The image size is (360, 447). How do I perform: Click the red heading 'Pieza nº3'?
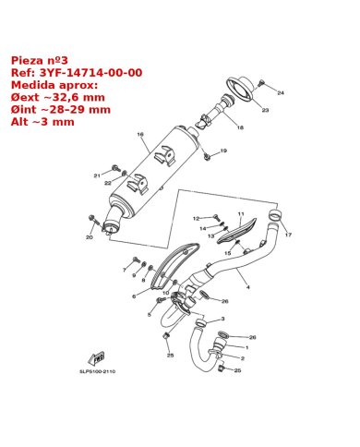(36, 59)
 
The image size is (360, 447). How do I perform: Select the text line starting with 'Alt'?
(33, 121)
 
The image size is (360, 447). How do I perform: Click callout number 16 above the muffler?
(141, 135)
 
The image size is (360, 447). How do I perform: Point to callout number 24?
(281, 93)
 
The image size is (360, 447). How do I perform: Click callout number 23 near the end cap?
(265, 111)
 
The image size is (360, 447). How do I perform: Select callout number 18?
(240, 127)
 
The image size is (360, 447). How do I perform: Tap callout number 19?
(222, 151)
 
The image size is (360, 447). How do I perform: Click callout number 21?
(96, 175)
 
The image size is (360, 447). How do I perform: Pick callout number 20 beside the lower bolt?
(90, 237)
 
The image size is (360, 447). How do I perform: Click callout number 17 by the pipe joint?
(287, 235)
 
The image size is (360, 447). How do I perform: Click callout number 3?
(222, 318)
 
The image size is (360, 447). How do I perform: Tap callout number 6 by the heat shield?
(133, 296)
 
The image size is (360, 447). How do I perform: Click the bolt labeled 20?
(92, 219)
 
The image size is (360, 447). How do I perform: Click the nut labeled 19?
(208, 155)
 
